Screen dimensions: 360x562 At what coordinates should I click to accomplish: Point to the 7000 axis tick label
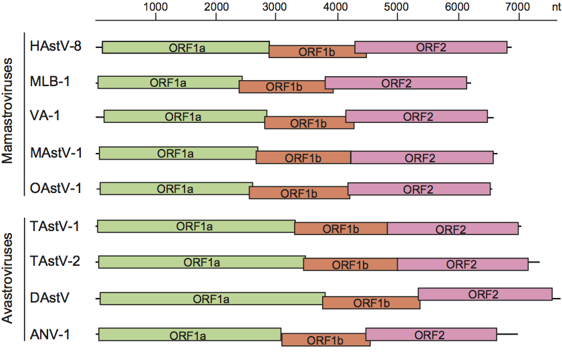pyautogui.click(x=517, y=7)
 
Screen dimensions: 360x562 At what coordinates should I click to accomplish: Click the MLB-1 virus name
pyautogui.click(x=50, y=82)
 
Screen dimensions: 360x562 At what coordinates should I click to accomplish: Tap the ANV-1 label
pyautogui.click(x=50, y=333)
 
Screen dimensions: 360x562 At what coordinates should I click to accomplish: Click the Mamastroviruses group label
pyautogui.click(x=9, y=115)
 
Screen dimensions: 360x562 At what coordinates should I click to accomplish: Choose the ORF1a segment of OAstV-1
pyautogui.click(x=176, y=188)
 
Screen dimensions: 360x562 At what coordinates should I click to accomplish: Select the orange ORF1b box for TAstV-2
pyautogui.click(x=350, y=264)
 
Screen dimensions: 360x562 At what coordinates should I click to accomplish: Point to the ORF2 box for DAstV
pyautogui.click(x=484, y=294)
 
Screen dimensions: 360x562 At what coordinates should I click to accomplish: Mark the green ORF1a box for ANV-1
pyautogui.click(x=189, y=335)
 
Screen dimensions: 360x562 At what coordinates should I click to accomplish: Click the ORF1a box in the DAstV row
pyautogui.click(x=212, y=298)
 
